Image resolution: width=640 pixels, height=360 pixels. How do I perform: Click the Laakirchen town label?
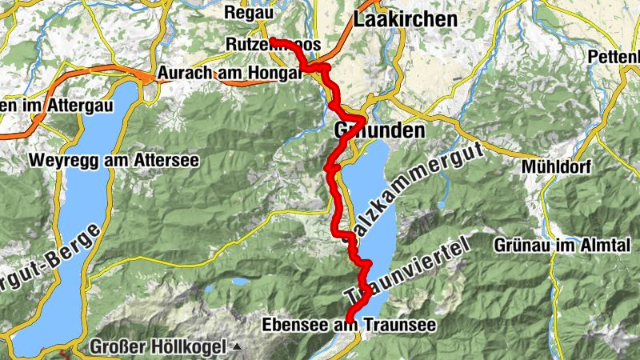(x=406, y=19)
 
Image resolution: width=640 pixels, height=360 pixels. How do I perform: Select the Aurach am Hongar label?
(x=229, y=73)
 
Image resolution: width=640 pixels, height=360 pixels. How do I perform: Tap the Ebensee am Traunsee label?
(x=349, y=325)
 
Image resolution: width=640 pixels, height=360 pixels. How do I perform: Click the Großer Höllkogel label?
(x=159, y=347)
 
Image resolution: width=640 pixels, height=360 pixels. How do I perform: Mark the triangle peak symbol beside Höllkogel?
(x=237, y=348)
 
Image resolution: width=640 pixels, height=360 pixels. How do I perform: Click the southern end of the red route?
(x=349, y=319)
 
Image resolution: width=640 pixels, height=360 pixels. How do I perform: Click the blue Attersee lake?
(x=72, y=240)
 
